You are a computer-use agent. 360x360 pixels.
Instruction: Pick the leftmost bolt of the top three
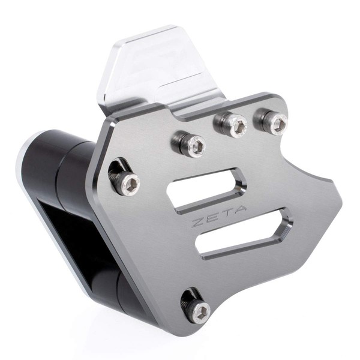193,144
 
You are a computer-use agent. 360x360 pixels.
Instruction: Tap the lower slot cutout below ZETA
243,234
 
